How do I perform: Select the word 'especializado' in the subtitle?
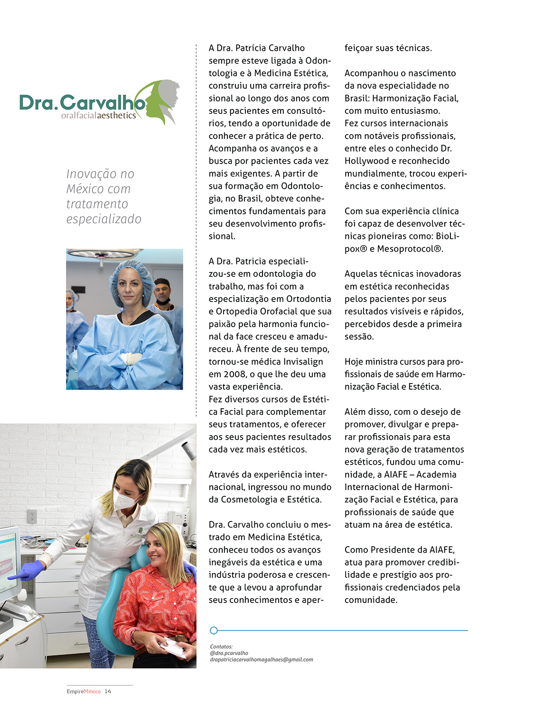(103, 219)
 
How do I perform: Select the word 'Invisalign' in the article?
(303, 362)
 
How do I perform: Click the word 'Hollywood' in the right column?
(369, 161)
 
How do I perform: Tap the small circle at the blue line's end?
(214, 630)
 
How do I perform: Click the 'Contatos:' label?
(221, 647)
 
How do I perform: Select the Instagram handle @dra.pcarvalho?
(229, 653)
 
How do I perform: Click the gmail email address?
(262, 660)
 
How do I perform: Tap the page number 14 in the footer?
(108, 692)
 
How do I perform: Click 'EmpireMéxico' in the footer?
(84, 692)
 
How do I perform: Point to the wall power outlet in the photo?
(32, 516)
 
